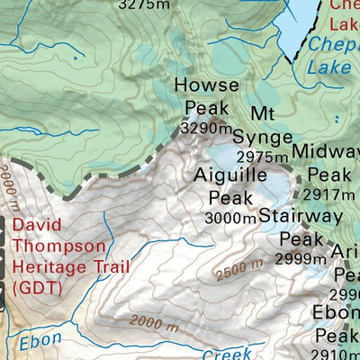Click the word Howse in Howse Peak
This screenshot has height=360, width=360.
click(206, 85)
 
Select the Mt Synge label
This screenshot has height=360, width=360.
click(263, 125)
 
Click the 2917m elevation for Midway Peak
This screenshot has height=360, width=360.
click(329, 194)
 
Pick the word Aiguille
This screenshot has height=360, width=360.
click(230, 175)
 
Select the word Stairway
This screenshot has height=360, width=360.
click(301, 216)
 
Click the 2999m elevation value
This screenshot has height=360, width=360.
click(301, 259)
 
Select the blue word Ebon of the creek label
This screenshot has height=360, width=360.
click(40, 343)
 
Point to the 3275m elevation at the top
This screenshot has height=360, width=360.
click(144, 4)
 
